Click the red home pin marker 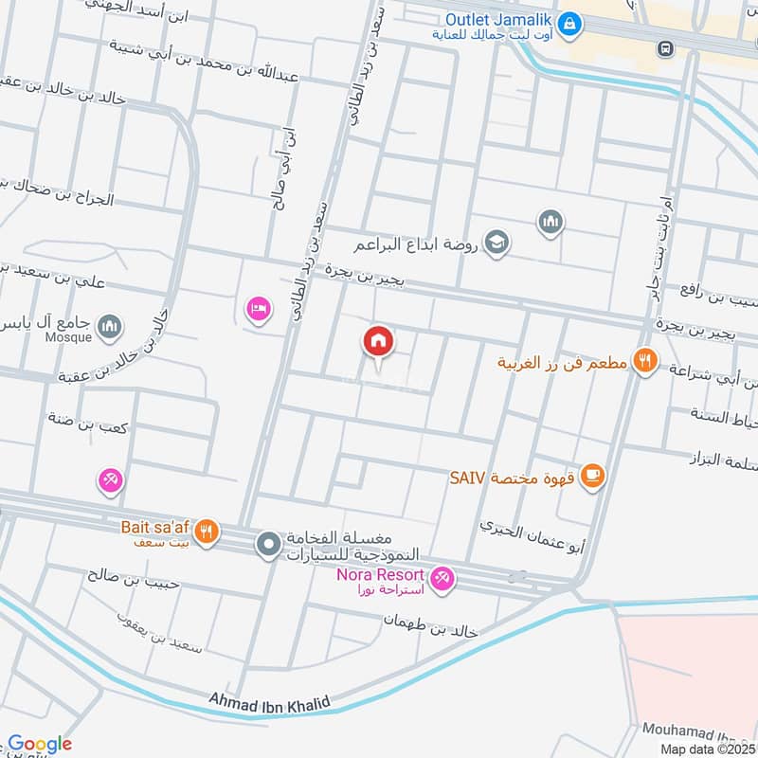pos(378,341)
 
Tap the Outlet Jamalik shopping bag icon pos(568,22)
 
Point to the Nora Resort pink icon pos(442,577)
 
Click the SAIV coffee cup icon pos(593,477)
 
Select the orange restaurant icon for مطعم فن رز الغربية pos(645,361)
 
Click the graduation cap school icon pos(496,244)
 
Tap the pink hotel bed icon pos(258,308)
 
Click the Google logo pos(40,744)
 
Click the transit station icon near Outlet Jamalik pos(666,46)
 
